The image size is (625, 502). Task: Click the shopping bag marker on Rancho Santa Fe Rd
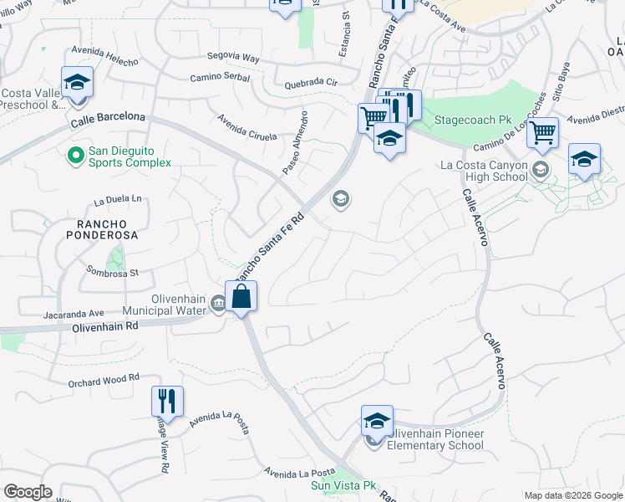241,296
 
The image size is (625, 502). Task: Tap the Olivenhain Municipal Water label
165,305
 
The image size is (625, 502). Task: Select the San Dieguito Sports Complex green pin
75,154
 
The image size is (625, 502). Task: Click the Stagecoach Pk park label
472,120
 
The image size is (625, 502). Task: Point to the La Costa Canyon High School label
484,171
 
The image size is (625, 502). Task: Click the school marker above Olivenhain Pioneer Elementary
377,421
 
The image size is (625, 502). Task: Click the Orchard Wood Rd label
104,380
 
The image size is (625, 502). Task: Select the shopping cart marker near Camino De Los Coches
543,131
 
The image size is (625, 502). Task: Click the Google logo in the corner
28,492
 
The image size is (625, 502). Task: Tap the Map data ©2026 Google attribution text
573,495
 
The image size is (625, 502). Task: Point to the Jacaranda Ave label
74,315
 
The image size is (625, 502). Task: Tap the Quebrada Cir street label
310,83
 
